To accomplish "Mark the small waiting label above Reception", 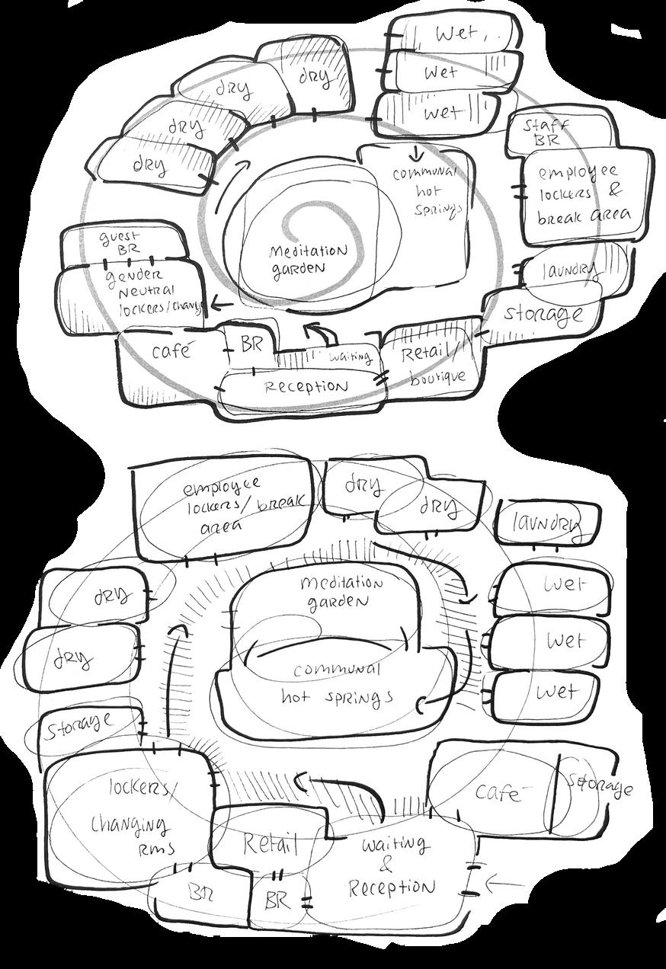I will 350,356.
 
